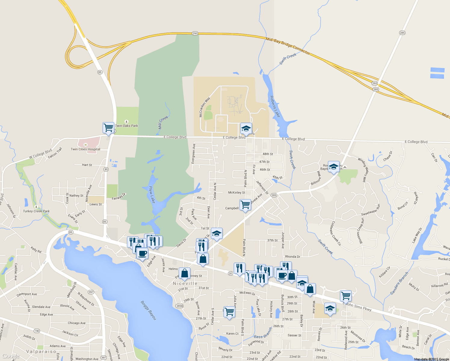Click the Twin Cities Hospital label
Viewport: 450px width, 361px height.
click(85, 149)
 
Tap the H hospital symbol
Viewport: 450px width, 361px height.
click(85, 145)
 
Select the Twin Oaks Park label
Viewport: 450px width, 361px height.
click(126, 126)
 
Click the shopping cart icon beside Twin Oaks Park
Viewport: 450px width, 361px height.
click(108, 128)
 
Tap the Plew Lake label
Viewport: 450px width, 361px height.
click(152, 195)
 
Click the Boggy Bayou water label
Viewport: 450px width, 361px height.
click(149, 310)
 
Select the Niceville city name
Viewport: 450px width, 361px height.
click(185, 283)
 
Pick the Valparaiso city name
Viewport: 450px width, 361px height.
click(41, 351)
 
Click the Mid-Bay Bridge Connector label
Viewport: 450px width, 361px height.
click(288, 45)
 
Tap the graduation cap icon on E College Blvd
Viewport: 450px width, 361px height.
click(246, 128)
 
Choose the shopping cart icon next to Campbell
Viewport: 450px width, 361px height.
click(245, 205)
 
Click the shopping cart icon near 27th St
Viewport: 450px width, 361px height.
click(229, 312)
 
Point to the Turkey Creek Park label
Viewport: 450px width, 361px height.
click(36, 211)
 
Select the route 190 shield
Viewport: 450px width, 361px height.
click(37, 331)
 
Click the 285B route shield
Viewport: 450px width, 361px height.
click(179, 306)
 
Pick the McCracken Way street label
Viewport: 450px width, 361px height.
click(205, 107)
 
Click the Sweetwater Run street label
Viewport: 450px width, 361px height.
click(371, 210)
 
